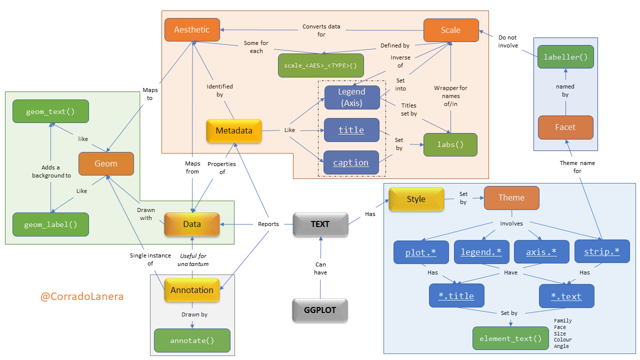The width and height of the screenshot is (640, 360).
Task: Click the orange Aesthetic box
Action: [192, 30]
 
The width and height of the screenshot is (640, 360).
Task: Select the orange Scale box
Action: [450, 30]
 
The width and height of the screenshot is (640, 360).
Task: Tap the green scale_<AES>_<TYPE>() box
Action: [320, 65]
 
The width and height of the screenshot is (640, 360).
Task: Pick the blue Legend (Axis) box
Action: [351, 97]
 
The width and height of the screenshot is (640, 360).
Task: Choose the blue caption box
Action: [351, 162]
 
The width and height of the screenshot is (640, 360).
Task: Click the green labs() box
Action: [450, 145]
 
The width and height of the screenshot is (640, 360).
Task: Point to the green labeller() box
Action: [565, 57]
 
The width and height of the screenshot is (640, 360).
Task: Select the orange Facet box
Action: [565, 127]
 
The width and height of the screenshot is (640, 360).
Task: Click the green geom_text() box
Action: [50, 111]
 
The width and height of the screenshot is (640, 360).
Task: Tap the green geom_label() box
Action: [50, 224]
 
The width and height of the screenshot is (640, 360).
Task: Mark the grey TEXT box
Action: [320, 224]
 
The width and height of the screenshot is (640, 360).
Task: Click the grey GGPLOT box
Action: [320, 310]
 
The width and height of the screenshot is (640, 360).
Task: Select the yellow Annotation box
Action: [192, 290]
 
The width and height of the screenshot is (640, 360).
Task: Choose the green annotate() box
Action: [192, 341]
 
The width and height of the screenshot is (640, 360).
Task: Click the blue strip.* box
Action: [601, 252]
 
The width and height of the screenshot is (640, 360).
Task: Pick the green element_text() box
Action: [510, 338]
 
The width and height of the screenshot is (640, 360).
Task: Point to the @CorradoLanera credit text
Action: [82, 296]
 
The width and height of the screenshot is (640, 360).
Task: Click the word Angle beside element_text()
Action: [561, 346]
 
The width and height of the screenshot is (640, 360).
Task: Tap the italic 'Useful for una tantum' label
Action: [192, 259]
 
